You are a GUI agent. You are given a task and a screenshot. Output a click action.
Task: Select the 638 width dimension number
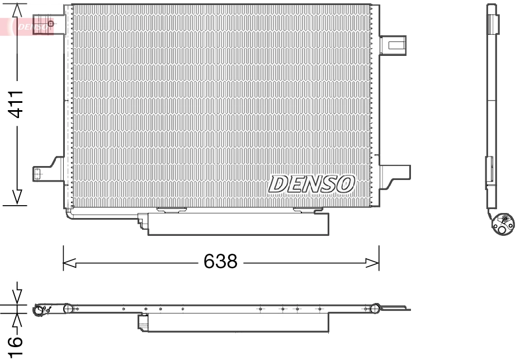[220, 261]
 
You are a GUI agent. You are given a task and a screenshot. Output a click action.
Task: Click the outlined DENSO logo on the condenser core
[311, 183]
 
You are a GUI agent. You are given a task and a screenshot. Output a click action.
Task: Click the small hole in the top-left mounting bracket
[50, 23]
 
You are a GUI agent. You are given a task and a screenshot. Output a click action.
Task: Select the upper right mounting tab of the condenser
[393, 45]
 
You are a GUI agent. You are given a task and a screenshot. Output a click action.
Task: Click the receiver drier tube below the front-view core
[238, 224]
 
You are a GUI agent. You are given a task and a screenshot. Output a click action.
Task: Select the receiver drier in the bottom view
[235, 323]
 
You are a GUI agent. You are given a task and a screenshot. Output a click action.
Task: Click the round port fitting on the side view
[502, 222]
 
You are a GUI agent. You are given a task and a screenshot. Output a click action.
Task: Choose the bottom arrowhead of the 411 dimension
[17, 197]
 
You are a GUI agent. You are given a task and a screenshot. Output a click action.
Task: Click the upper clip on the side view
[493, 24]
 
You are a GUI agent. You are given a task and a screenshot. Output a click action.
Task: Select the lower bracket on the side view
[489, 170]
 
